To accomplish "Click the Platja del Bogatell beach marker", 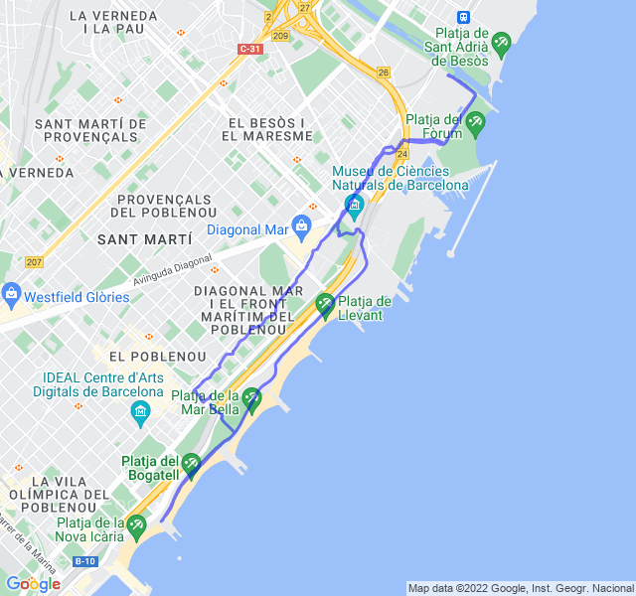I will pyautogui.click(x=191, y=462).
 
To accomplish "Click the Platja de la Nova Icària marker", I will pyautogui.click(x=136, y=523).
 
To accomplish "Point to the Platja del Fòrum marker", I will pyautogui.click(x=475, y=123).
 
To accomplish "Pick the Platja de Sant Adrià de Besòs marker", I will pyautogui.click(x=500, y=42).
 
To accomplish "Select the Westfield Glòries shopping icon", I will pyautogui.click(x=12, y=294).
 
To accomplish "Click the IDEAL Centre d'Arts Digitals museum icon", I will pyautogui.click(x=141, y=410).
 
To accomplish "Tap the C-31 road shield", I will pyautogui.click(x=251, y=49).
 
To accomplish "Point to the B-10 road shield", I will pyautogui.click(x=84, y=561).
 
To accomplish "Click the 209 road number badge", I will pyautogui.click(x=280, y=37).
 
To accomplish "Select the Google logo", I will pyautogui.click(x=33, y=583).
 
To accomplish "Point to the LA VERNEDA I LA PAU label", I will pyautogui.click(x=114, y=22).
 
